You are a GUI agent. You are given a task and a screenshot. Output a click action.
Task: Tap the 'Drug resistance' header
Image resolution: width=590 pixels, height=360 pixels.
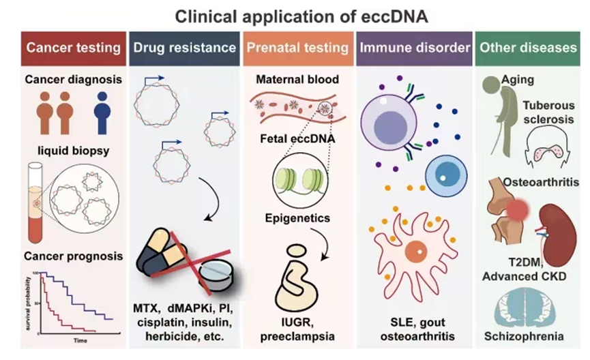coord(183,48)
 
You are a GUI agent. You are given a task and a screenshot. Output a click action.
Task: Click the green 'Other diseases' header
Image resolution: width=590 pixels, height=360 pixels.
coord(528,48)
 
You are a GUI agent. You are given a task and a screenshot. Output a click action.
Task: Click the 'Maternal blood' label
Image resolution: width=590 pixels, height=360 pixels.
coord(297,80)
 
